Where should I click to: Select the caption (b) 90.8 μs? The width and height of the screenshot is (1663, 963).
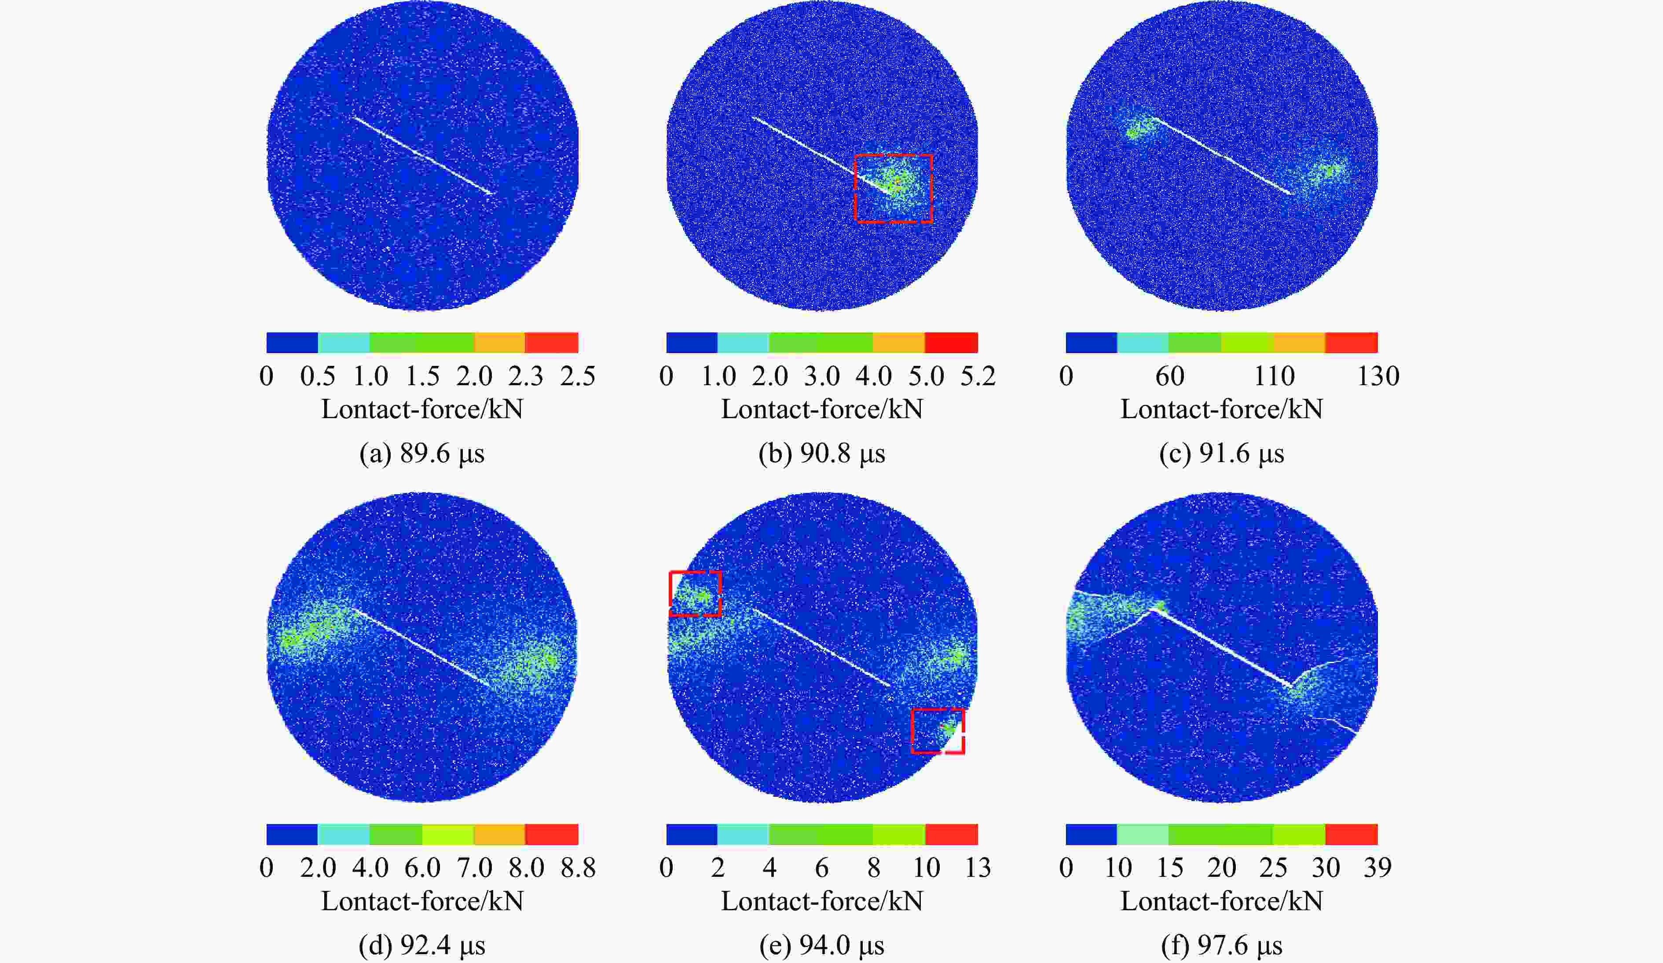point(822,454)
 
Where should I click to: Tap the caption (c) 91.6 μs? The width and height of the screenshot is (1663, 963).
point(1221,454)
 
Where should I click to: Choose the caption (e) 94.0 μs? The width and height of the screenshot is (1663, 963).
point(822,945)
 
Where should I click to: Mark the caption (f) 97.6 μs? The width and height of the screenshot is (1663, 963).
point(1221,945)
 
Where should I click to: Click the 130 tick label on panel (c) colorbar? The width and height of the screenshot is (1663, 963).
point(1378,376)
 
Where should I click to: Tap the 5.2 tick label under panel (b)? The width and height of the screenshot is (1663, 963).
point(978,376)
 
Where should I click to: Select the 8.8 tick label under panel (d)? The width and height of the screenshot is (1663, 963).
point(578,867)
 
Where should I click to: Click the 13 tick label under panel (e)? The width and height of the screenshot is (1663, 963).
point(978,867)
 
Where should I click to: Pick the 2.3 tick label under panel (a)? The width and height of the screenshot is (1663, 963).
point(526,376)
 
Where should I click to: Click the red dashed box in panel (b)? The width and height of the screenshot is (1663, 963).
point(893,189)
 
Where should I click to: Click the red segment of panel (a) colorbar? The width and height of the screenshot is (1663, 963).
point(552,342)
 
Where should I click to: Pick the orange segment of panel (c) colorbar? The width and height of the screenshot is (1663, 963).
point(1299,342)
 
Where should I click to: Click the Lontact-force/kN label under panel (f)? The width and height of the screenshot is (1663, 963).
point(1221,901)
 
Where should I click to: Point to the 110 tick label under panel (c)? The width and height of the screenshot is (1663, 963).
point(1274,376)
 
